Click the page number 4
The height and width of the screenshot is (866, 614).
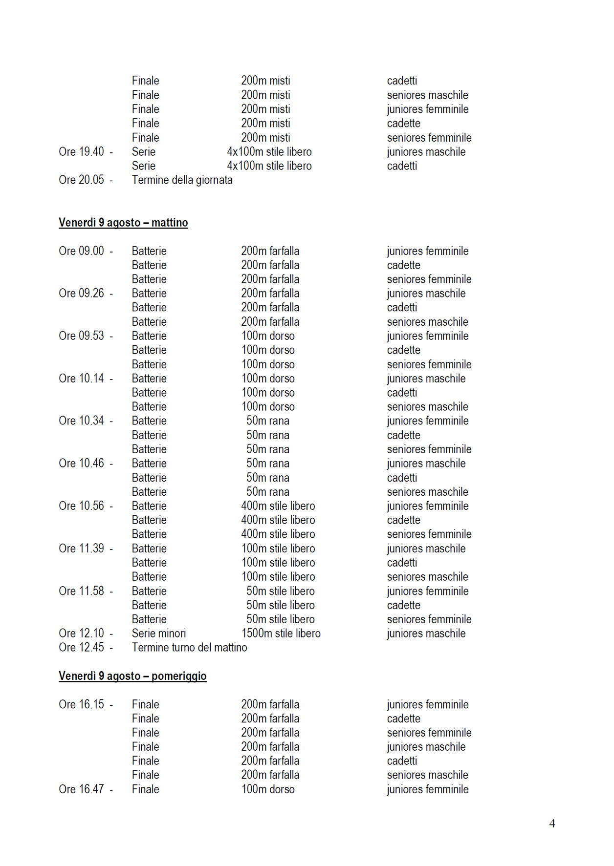pyautogui.click(x=552, y=824)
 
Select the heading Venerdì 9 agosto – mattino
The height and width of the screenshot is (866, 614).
pyautogui.click(x=123, y=223)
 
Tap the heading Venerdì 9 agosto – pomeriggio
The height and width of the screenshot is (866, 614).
pyautogui.click(x=132, y=676)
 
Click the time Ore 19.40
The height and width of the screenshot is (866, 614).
pyautogui.click(x=81, y=152)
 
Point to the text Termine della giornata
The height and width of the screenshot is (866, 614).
pyautogui.click(x=182, y=180)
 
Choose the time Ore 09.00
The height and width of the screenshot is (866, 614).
pyautogui.click(x=81, y=251)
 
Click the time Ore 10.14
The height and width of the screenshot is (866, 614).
pyautogui.click(x=81, y=379)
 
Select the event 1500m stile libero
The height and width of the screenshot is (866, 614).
pyautogui.click(x=281, y=634)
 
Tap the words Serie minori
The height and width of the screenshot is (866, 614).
pyautogui.click(x=159, y=634)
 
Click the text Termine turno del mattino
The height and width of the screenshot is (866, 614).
pyautogui.click(x=189, y=648)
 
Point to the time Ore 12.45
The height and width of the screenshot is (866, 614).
pyautogui.click(x=81, y=648)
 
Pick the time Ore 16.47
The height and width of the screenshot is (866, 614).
pyautogui.click(x=81, y=789)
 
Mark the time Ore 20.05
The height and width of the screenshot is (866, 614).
pyautogui.click(x=81, y=180)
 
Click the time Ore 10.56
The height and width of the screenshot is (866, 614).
pyautogui.click(x=81, y=506)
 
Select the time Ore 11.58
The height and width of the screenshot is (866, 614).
pyautogui.click(x=81, y=591)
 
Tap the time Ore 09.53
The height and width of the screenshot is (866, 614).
pyautogui.click(x=81, y=336)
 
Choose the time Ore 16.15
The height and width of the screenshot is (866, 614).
pyautogui.click(x=81, y=704)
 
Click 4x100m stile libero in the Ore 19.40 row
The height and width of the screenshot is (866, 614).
pyautogui.click(x=269, y=152)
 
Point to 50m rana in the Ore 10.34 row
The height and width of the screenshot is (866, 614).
pyautogui.click(x=268, y=421)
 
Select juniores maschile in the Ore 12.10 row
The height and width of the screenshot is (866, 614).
pyautogui.click(x=426, y=634)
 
